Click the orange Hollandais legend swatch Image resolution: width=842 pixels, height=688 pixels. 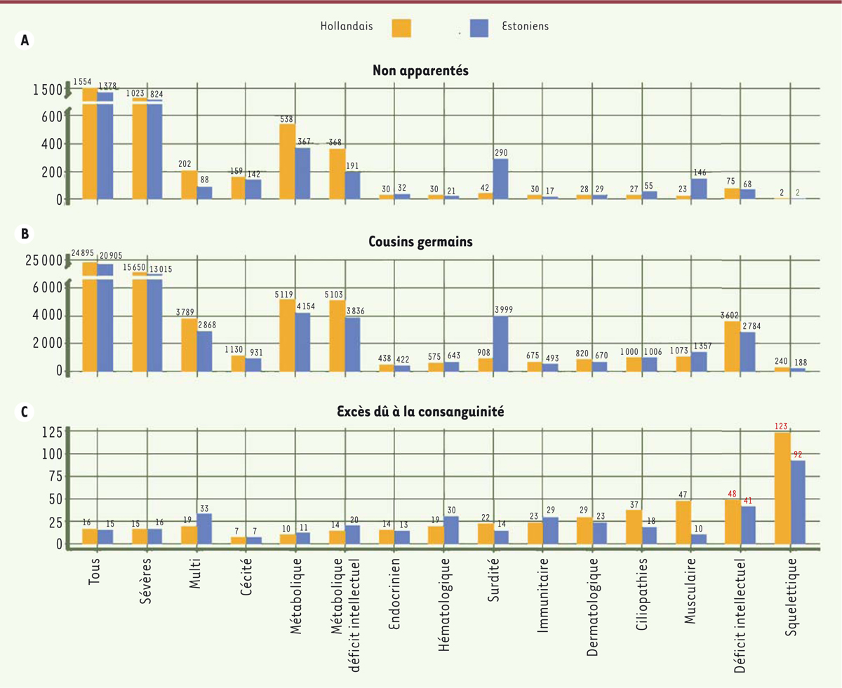point(395,27)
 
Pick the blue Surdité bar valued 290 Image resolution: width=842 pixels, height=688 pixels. point(500,179)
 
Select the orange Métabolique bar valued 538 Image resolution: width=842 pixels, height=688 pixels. point(287,162)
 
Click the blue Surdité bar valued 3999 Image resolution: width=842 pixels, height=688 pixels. point(500,343)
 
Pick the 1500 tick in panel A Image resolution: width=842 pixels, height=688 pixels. point(48,89)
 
